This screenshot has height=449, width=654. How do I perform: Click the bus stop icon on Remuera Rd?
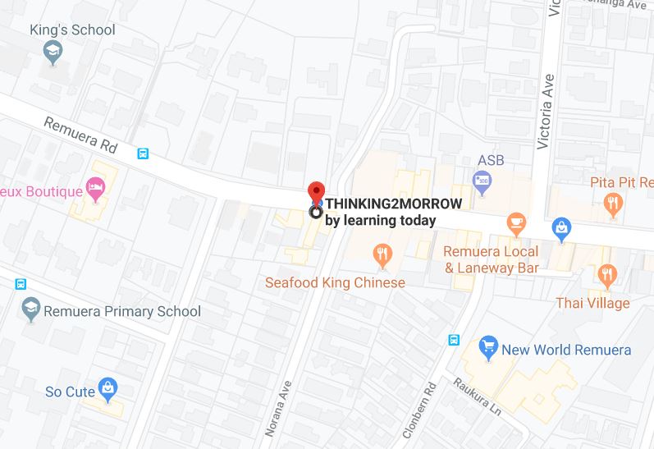pos(144,153)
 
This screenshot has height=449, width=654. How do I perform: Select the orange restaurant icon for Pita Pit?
pos(611,202)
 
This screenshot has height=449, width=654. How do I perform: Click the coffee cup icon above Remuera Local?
pos(515,222)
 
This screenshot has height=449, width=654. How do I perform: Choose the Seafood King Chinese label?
pos(335,283)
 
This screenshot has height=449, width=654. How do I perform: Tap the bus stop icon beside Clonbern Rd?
pos(454,341)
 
